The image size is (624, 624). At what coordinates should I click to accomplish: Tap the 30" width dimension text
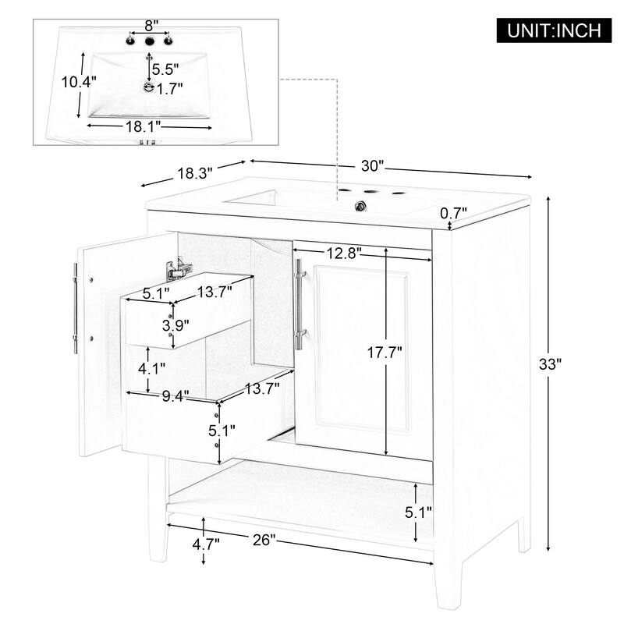pyautogui.click(x=373, y=166)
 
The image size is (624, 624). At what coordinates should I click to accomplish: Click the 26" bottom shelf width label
pyautogui.click(x=265, y=541)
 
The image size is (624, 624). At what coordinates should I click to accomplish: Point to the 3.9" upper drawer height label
pyautogui.click(x=174, y=324)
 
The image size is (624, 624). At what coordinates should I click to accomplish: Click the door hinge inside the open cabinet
pyautogui.click(x=177, y=269)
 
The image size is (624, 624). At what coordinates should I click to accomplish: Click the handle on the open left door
pyautogui.click(x=75, y=309)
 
